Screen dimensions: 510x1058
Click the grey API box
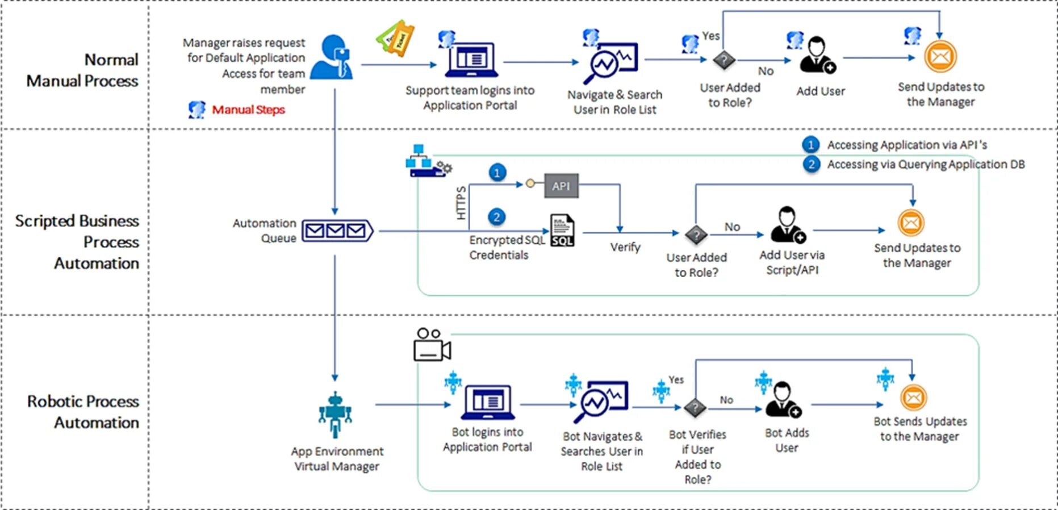point(561,186)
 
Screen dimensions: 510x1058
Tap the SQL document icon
point(562,230)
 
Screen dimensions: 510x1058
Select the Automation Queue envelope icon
point(337,231)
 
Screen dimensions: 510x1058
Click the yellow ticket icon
point(395,39)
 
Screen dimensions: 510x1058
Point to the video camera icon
point(432,345)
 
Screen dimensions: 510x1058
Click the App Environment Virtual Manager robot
point(335,414)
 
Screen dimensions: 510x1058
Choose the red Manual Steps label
point(248,110)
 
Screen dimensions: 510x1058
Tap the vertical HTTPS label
point(461,203)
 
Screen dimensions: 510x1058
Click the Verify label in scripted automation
point(625,247)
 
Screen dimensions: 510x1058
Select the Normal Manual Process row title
point(83,70)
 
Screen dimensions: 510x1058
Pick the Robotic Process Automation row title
point(83,412)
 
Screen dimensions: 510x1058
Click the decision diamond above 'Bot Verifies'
point(695,407)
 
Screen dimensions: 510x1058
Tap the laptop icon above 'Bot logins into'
point(487,402)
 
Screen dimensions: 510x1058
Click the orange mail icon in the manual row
point(940,57)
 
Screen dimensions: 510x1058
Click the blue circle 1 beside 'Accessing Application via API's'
point(811,145)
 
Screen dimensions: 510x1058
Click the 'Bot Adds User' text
point(787,440)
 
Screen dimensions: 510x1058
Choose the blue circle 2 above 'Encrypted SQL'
point(497,217)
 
